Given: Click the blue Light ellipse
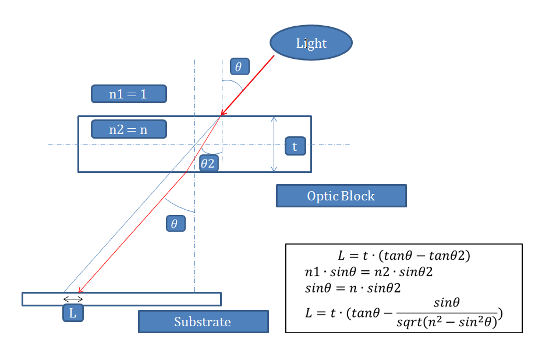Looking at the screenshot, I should point(311,43).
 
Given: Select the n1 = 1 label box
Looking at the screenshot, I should point(129,94).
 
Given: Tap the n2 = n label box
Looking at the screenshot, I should point(129,129).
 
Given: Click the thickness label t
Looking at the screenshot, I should point(295,146).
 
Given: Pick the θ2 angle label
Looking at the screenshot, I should point(208,163).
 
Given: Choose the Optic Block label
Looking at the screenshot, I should point(341,196).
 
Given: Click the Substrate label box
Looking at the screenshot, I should point(203,322).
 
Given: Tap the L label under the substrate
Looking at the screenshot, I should point(73,313).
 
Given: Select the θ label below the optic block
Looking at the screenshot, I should point(175,223).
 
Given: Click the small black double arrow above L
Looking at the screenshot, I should point(73,299).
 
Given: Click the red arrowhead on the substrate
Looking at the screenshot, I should point(80,291).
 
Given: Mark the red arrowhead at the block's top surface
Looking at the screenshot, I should point(222,114).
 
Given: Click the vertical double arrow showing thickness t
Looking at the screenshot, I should point(274,144).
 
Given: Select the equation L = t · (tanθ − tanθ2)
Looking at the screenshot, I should point(403,255).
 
